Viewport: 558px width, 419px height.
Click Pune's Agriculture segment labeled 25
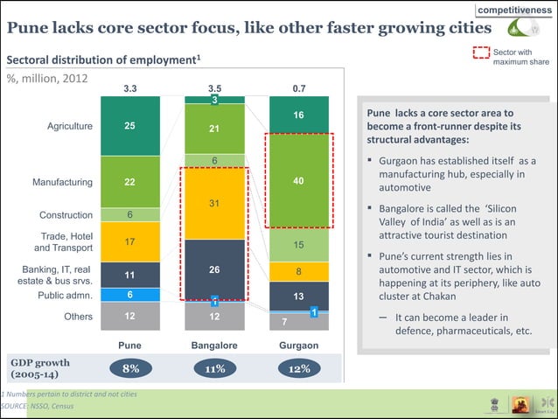click(x=129, y=126)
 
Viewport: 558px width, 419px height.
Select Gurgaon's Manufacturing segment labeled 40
click(x=298, y=181)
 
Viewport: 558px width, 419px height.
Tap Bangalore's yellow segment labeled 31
click(x=214, y=203)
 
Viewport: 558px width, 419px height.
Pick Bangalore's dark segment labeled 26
click(x=214, y=269)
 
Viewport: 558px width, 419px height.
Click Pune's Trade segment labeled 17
click(x=129, y=241)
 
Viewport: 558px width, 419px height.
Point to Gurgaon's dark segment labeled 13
click(x=298, y=296)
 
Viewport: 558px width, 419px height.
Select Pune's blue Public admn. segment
click(x=129, y=295)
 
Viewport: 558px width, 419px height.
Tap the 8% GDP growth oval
click(x=130, y=368)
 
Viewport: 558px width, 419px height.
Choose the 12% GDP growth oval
click(x=299, y=368)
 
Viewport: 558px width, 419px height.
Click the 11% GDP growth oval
click(x=215, y=368)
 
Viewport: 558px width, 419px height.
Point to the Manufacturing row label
click(x=62, y=182)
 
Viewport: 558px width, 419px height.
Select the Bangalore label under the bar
click(x=214, y=346)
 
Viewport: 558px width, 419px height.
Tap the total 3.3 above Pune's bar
click(x=130, y=88)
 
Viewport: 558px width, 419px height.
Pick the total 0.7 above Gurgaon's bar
click(x=299, y=88)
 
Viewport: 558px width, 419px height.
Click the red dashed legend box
click(x=481, y=52)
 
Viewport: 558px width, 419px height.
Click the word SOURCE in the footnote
click(x=14, y=407)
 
